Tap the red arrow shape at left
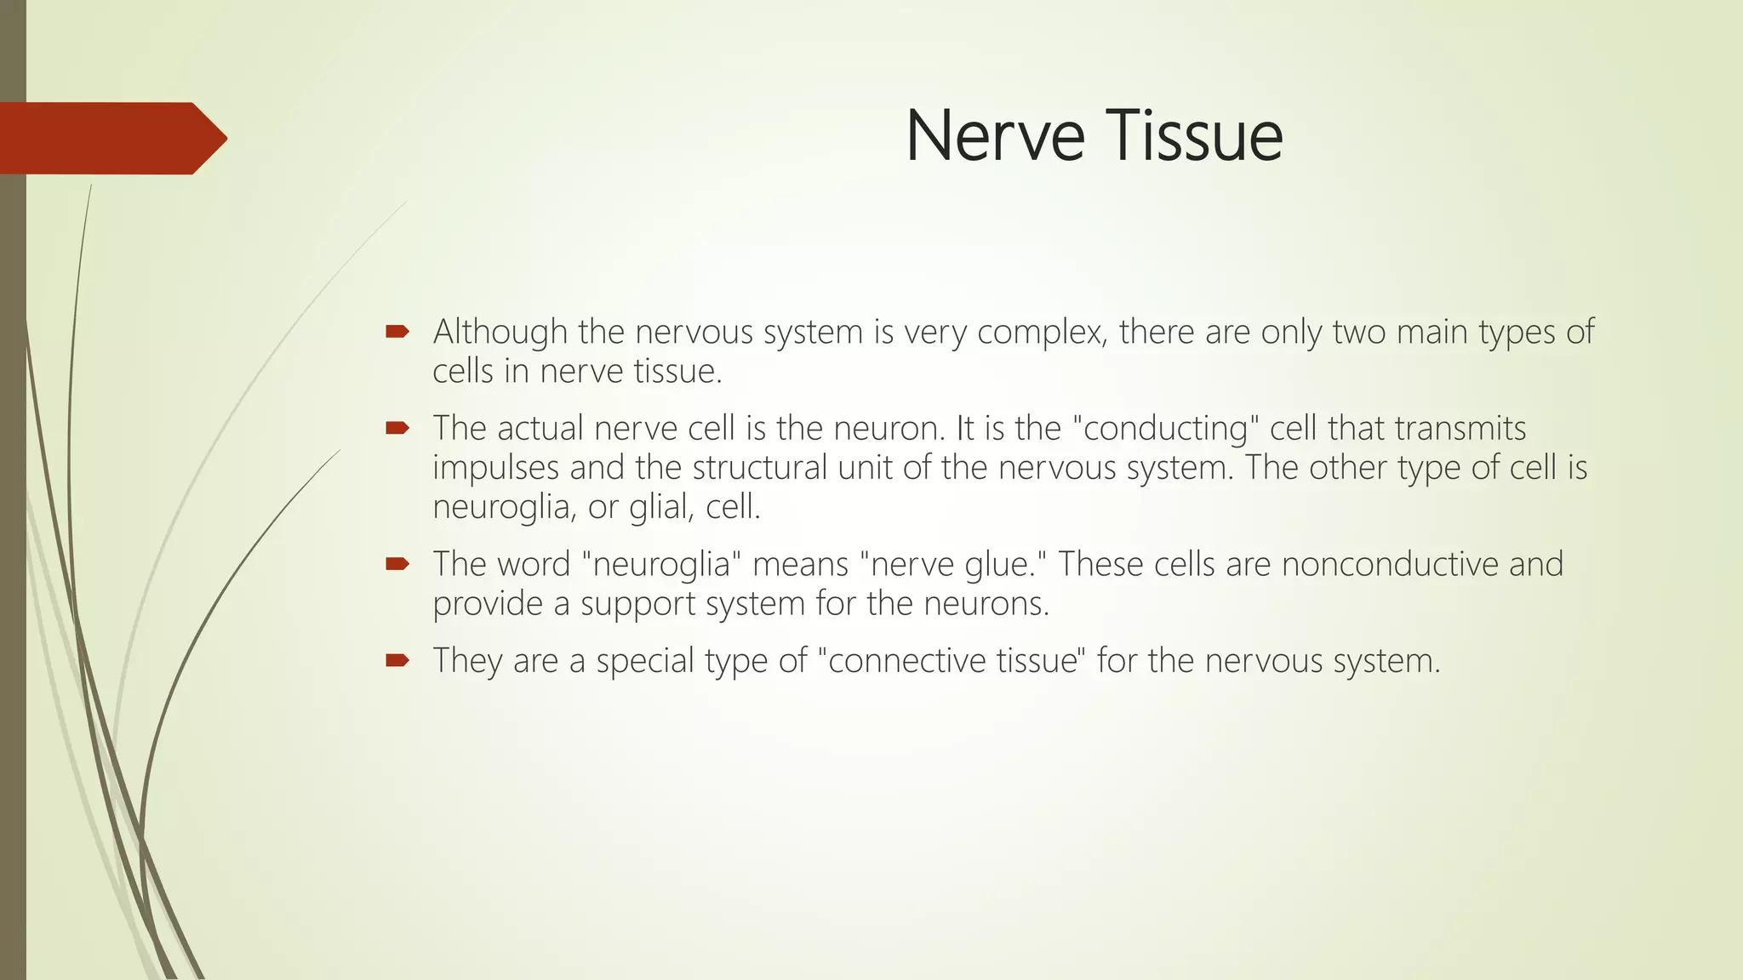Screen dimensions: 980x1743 [x=111, y=139]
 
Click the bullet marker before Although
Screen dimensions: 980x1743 [x=397, y=331]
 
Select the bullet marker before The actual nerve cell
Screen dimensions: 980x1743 [x=397, y=428]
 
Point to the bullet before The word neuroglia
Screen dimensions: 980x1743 [x=397, y=563]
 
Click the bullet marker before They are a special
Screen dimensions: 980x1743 [x=397, y=659]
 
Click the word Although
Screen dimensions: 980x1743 [x=500, y=332]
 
